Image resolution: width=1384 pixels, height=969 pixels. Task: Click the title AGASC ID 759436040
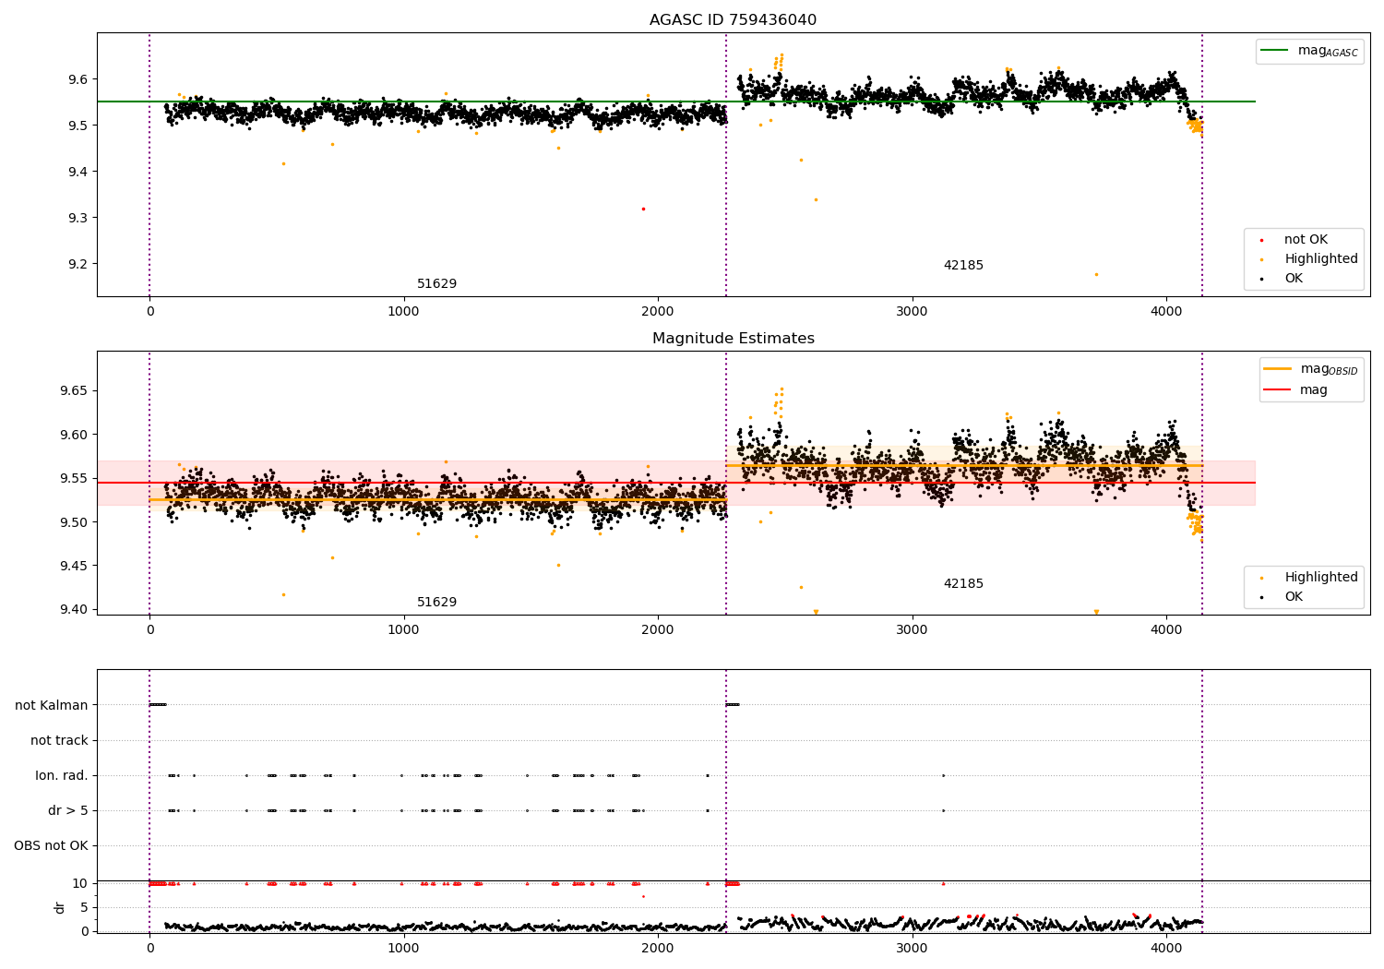(x=733, y=20)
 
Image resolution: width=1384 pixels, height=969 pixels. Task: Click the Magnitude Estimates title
(x=733, y=339)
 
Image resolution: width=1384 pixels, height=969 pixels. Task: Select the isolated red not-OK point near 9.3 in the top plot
(x=643, y=209)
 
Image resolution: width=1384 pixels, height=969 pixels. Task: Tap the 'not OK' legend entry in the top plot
(x=1306, y=240)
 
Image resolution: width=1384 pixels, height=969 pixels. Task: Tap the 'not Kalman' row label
(x=52, y=705)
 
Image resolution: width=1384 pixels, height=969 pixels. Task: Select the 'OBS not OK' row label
(x=52, y=845)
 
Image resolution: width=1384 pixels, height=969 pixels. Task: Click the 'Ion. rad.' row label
(x=62, y=775)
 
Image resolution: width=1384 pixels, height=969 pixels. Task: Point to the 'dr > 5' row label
(x=68, y=810)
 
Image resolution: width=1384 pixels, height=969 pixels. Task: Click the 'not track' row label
(x=59, y=740)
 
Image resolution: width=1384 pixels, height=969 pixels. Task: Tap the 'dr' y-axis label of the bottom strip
(x=60, y=907)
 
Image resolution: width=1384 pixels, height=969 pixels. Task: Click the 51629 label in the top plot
(x=436, y=284)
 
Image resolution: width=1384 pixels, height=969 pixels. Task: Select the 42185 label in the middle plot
(x=963, y=584)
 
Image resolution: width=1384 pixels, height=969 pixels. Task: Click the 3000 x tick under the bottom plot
(x=912, y=948)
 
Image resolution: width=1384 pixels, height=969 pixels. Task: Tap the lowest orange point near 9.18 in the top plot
(x=1096, y=274)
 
